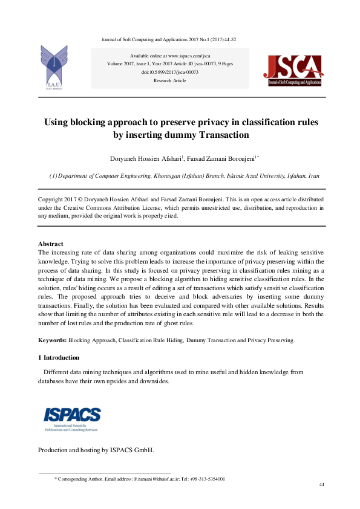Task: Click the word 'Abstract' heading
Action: coord(51,244)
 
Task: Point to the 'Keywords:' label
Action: coord(53,340)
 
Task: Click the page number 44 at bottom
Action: coord(322,485)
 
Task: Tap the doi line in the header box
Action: coord(170,72)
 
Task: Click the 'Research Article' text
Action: coord(170,80)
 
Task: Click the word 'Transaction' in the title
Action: coord(218,135)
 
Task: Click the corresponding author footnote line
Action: coord(140,479)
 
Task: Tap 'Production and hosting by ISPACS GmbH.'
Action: coord(96,450)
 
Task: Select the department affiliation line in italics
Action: coord(184,176)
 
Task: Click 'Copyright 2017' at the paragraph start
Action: coord(59,199)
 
